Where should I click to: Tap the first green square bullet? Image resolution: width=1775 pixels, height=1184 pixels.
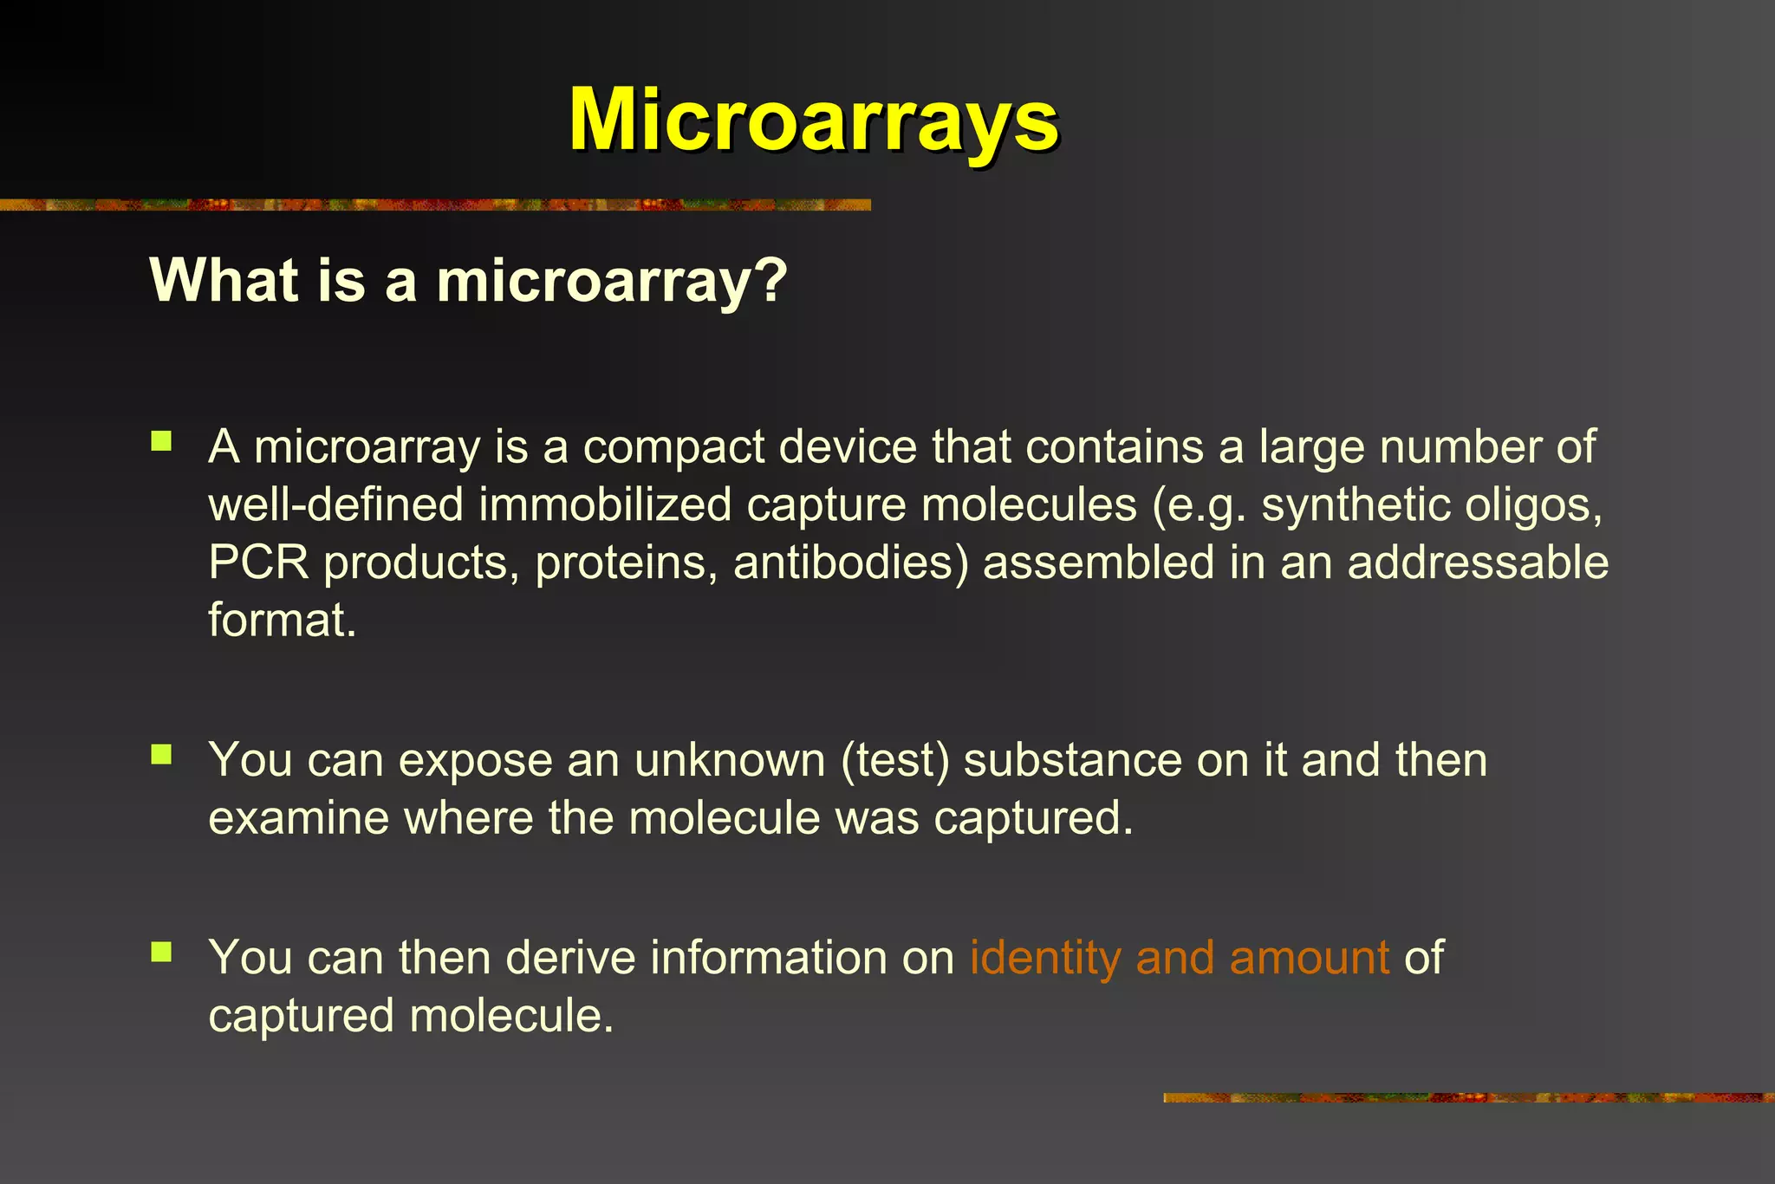(x=161, y=442)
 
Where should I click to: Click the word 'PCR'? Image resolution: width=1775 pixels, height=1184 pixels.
(x=258, y=562)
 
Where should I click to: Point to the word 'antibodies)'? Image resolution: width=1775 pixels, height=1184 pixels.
(x=850, y=562)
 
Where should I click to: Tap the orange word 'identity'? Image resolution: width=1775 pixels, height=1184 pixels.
(x=1045, y=958)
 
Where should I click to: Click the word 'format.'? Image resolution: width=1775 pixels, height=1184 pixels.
(x=282, y=620)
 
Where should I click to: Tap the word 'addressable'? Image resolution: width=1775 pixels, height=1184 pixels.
(x=1478, y=562)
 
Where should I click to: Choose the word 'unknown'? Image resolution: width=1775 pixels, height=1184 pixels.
(x=730, y=760)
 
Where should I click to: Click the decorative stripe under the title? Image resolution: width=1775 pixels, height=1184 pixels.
(x=433, y=205)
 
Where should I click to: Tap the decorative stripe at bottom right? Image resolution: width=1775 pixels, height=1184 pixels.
(x=1468, y=1097)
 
